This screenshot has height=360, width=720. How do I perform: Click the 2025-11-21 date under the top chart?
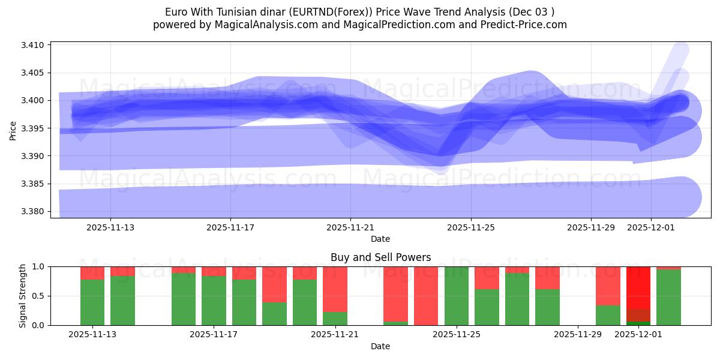coord(350,228)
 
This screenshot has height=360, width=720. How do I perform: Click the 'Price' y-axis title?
coord(13,130)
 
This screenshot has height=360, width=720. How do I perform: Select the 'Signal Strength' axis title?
coord(23,296)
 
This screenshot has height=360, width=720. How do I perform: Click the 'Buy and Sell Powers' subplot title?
coord(380,257)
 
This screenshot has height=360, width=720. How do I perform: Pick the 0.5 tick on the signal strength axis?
coord(38,296)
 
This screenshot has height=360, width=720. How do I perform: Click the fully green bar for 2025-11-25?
coord(457,296)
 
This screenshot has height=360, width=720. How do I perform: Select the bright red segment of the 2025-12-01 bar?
coord(638,287)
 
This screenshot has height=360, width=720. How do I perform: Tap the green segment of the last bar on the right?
coord(668,298)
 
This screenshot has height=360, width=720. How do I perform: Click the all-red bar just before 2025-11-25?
coord(426,296)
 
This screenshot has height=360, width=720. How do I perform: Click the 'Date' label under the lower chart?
coord(380,346)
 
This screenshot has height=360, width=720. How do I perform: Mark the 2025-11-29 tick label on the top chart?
coord(591,228)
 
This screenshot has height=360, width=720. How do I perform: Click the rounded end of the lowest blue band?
coord(690,197)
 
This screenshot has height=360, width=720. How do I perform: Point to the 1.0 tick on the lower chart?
coord(38,266)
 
